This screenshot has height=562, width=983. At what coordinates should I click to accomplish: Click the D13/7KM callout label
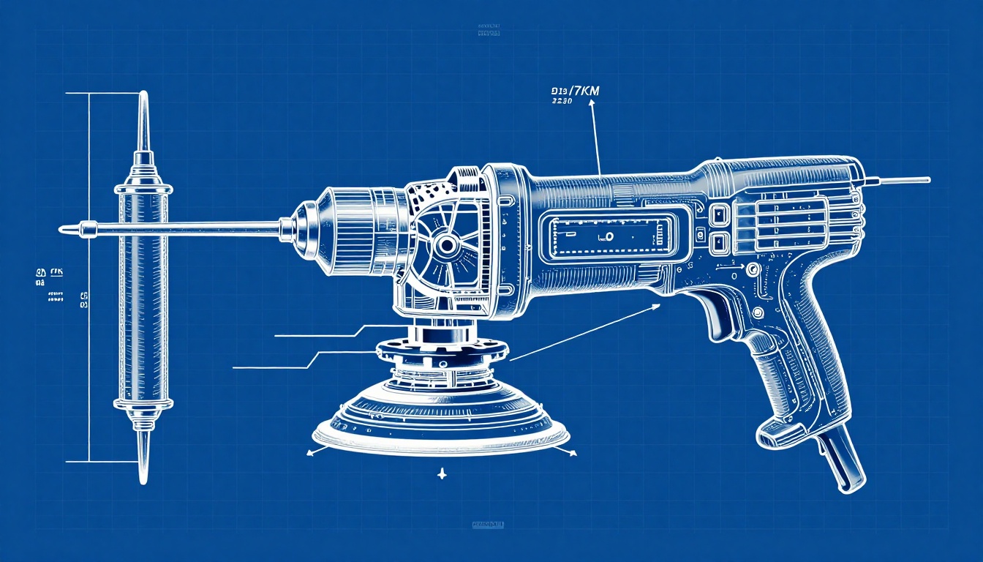coord(574,91)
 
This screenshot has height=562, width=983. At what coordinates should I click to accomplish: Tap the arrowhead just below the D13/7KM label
coord(591,105)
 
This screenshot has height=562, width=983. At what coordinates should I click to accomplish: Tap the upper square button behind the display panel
coord(718,214)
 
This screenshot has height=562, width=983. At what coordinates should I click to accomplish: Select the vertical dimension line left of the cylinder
coord(89,278)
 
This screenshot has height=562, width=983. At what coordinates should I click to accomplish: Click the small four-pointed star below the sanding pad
coord(440,475)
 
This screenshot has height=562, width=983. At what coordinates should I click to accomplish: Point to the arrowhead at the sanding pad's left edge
coord(310,454)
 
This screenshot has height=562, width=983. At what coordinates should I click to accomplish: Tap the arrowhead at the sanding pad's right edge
coord(573,454)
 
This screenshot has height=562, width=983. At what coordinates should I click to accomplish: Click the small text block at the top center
coord(488,30)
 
